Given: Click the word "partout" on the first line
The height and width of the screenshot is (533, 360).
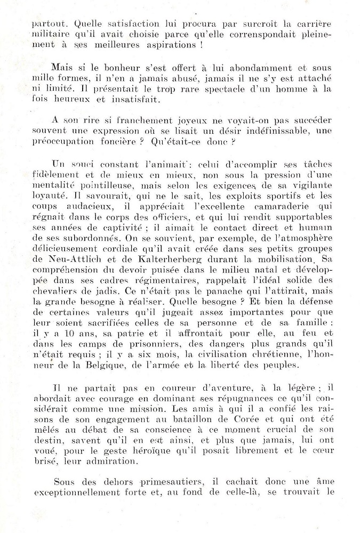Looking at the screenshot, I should pyautogui.click(x=45, y=23).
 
